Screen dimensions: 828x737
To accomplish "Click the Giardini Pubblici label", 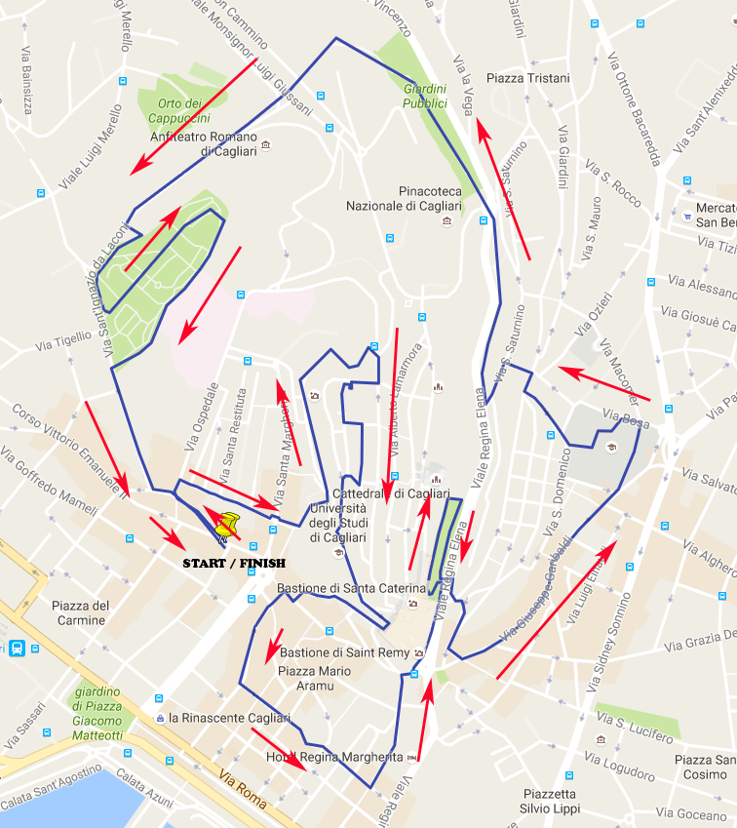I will pos(425,96).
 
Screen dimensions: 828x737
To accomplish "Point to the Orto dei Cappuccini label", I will pos(179,110).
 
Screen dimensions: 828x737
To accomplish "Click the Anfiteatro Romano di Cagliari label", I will pos(204,143).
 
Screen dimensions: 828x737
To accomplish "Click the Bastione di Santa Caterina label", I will pos(351,589).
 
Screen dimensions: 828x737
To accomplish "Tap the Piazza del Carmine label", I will pos(82,612).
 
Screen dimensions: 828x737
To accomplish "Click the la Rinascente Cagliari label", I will pos(229,718).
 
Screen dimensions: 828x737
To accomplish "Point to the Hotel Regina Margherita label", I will pos(334,757).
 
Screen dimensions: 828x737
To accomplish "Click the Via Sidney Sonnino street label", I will pos(608,643).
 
